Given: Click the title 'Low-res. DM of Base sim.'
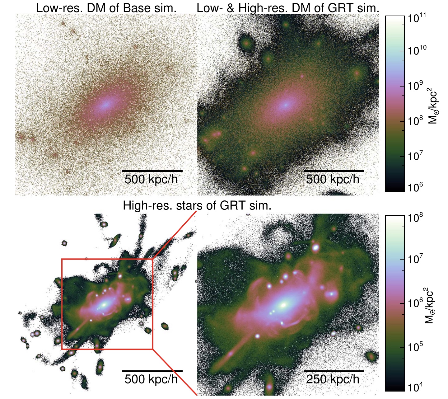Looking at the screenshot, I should pyautogui.click(x=106, y=8).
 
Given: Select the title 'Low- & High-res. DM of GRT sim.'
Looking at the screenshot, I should pyautogui.click(x=288, y=8).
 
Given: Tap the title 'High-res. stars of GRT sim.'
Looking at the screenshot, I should pyautogui.click(x=197, y=206).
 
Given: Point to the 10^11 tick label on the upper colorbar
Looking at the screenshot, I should pyautogui.click(x=417, y=19).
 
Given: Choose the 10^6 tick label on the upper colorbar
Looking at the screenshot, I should pyautogui.click(x=415, y=188).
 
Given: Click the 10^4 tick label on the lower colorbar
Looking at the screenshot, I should pyautogui.click(x=416, y=387).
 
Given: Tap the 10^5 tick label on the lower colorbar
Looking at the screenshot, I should pyautogui.click(x=416, y=347).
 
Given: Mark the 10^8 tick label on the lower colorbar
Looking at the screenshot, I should pyautogui.click(x=416, y=218).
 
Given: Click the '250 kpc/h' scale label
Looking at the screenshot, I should pyautogui.click(x=333, y=379).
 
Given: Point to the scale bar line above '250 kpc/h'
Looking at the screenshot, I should pyautogui.click(x=334, y=371).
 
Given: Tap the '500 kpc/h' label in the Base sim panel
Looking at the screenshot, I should pyautogui.click(x=151, y=179).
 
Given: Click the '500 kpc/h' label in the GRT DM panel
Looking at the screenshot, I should pyautogui.click(x=333, y=179).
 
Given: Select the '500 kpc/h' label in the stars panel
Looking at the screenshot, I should pyautogui.click(x=151, y=379).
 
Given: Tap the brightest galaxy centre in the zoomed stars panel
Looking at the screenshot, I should pyautogui.click(x=283, y=305).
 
